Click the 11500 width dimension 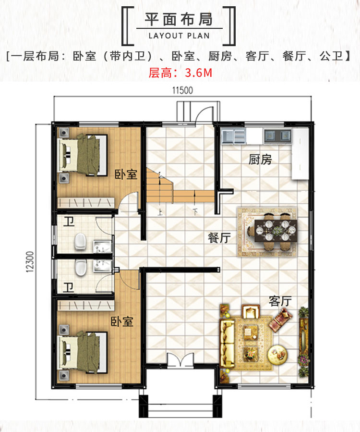click(x=182, y=90)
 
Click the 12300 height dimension click(x=30, y=262)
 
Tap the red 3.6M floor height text click(x=198, y=73)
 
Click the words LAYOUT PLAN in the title click(x=179, y=36)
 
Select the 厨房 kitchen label click(x=260, y=160)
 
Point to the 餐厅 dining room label click(x=219, y=238)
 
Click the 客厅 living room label click(x=280, y=301)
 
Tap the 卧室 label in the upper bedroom click(x=126, y=174)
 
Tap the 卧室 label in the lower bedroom click(x=122, y=321)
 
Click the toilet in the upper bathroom click(x=80, y=241)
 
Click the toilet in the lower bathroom click(x=81, y=268)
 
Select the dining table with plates click(x=276, y=231)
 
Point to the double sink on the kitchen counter click(x=277, y=136)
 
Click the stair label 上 click(x=160, y=212)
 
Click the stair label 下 click(x=195, y=212)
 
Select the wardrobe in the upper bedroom click(x=85, y=203)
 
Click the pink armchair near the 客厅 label click(x=280, y=320)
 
